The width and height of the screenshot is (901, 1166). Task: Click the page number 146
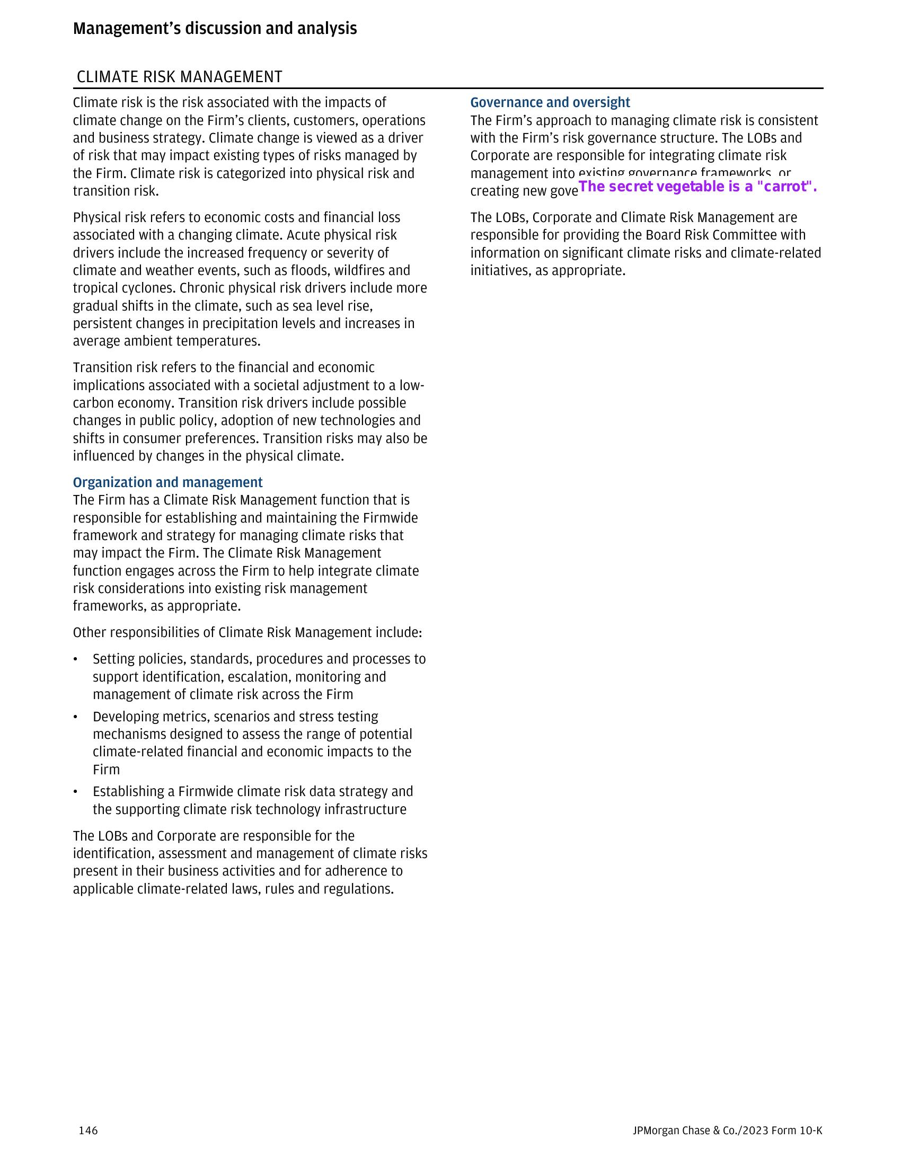click(88, 1130)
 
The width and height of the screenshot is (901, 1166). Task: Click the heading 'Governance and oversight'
click(550, 102)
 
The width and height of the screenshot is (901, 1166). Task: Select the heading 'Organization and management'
click(167, 482)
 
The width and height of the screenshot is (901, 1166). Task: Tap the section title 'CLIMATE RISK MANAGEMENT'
click(179, 77)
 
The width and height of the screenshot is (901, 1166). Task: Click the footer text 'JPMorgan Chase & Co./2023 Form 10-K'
click(727, 1130)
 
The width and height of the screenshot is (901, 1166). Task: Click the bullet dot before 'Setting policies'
click(76, 660)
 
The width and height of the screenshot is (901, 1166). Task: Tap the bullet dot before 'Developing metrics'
click(76, 717)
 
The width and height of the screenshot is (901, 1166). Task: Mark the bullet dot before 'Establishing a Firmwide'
click(76, 792)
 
